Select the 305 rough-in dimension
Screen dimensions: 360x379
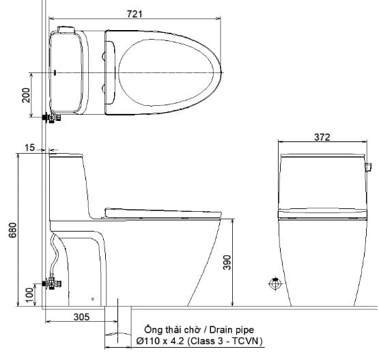(x=82, y=316)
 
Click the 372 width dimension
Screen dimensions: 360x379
(x=322, y=137)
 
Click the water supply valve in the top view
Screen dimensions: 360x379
(x=50, y=117)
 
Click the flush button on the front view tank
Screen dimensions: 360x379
(x=368, y=166)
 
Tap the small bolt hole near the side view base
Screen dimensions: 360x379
(x=93, y=299)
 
